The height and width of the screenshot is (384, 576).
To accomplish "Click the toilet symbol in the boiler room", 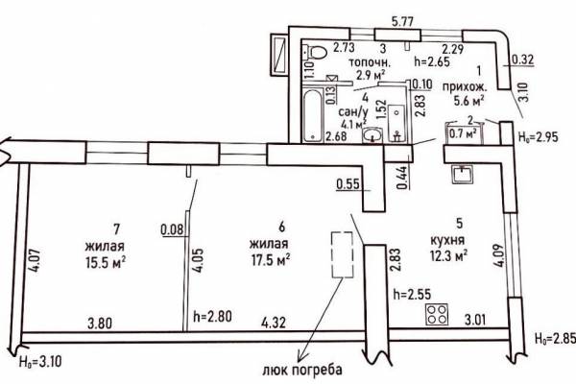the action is [316, 52].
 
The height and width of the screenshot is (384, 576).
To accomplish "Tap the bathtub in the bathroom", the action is [313, 116].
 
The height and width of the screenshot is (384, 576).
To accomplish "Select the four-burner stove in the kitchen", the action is [437, 315].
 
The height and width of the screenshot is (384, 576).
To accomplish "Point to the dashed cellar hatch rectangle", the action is [343, 254].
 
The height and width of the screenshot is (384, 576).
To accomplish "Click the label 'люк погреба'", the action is [302, 370].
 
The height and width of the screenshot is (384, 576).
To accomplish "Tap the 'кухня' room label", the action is [447, 240].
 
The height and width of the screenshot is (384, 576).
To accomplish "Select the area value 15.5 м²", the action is [106, 262].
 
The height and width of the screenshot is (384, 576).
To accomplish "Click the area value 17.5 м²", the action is [270, 260].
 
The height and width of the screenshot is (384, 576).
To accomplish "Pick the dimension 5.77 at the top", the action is [402, 22].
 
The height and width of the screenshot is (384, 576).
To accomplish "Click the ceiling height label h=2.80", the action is [212, 317].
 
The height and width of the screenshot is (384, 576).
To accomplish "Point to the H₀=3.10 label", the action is [40, 362].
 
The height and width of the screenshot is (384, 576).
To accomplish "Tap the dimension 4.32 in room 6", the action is [274, 323].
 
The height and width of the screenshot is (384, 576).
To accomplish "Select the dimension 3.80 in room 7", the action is [100, 324].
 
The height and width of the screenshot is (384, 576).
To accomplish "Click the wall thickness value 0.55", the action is [348, 183].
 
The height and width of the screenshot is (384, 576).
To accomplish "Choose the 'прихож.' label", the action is [465, 87].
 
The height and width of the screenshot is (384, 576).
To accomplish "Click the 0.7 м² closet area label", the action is [464, 133].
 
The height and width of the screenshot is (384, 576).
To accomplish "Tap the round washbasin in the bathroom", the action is [372, 135].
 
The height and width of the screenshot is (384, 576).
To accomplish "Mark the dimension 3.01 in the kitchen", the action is [475, 320].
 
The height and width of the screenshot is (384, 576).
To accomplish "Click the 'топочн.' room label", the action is [370, 61].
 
